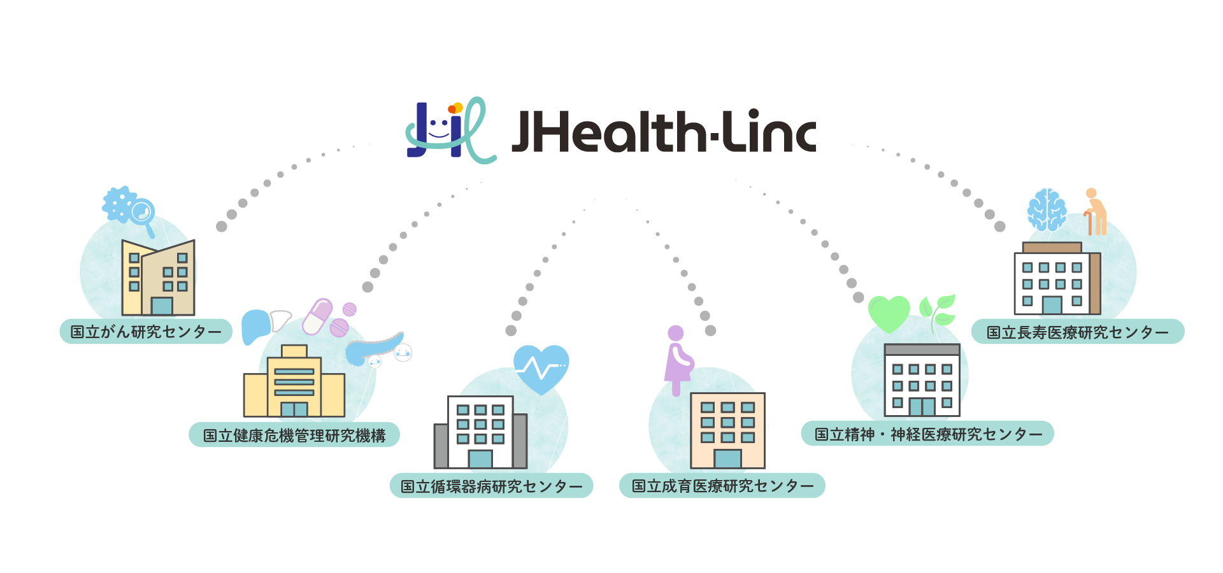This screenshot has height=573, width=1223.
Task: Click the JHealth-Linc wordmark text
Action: pos(663,132)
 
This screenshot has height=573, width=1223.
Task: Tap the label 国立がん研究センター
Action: pos(146,332)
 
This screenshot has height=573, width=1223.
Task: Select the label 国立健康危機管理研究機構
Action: pos(294,435)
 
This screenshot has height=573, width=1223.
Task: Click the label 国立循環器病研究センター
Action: pos(491,486)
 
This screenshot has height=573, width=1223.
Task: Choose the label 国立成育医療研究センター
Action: pos(722,486)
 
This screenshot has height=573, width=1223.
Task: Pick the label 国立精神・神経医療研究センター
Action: pos(927,434)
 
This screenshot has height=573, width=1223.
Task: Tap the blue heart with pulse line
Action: pos(541,368)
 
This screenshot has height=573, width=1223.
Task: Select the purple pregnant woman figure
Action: pos(678,360)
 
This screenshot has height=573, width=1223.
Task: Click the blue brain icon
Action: pos(1047,209)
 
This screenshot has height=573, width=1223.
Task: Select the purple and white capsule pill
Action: pos(317,316)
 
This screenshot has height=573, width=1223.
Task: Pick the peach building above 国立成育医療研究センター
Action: pos(727,430)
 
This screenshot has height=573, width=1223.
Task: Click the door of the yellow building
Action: pos(294,409)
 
